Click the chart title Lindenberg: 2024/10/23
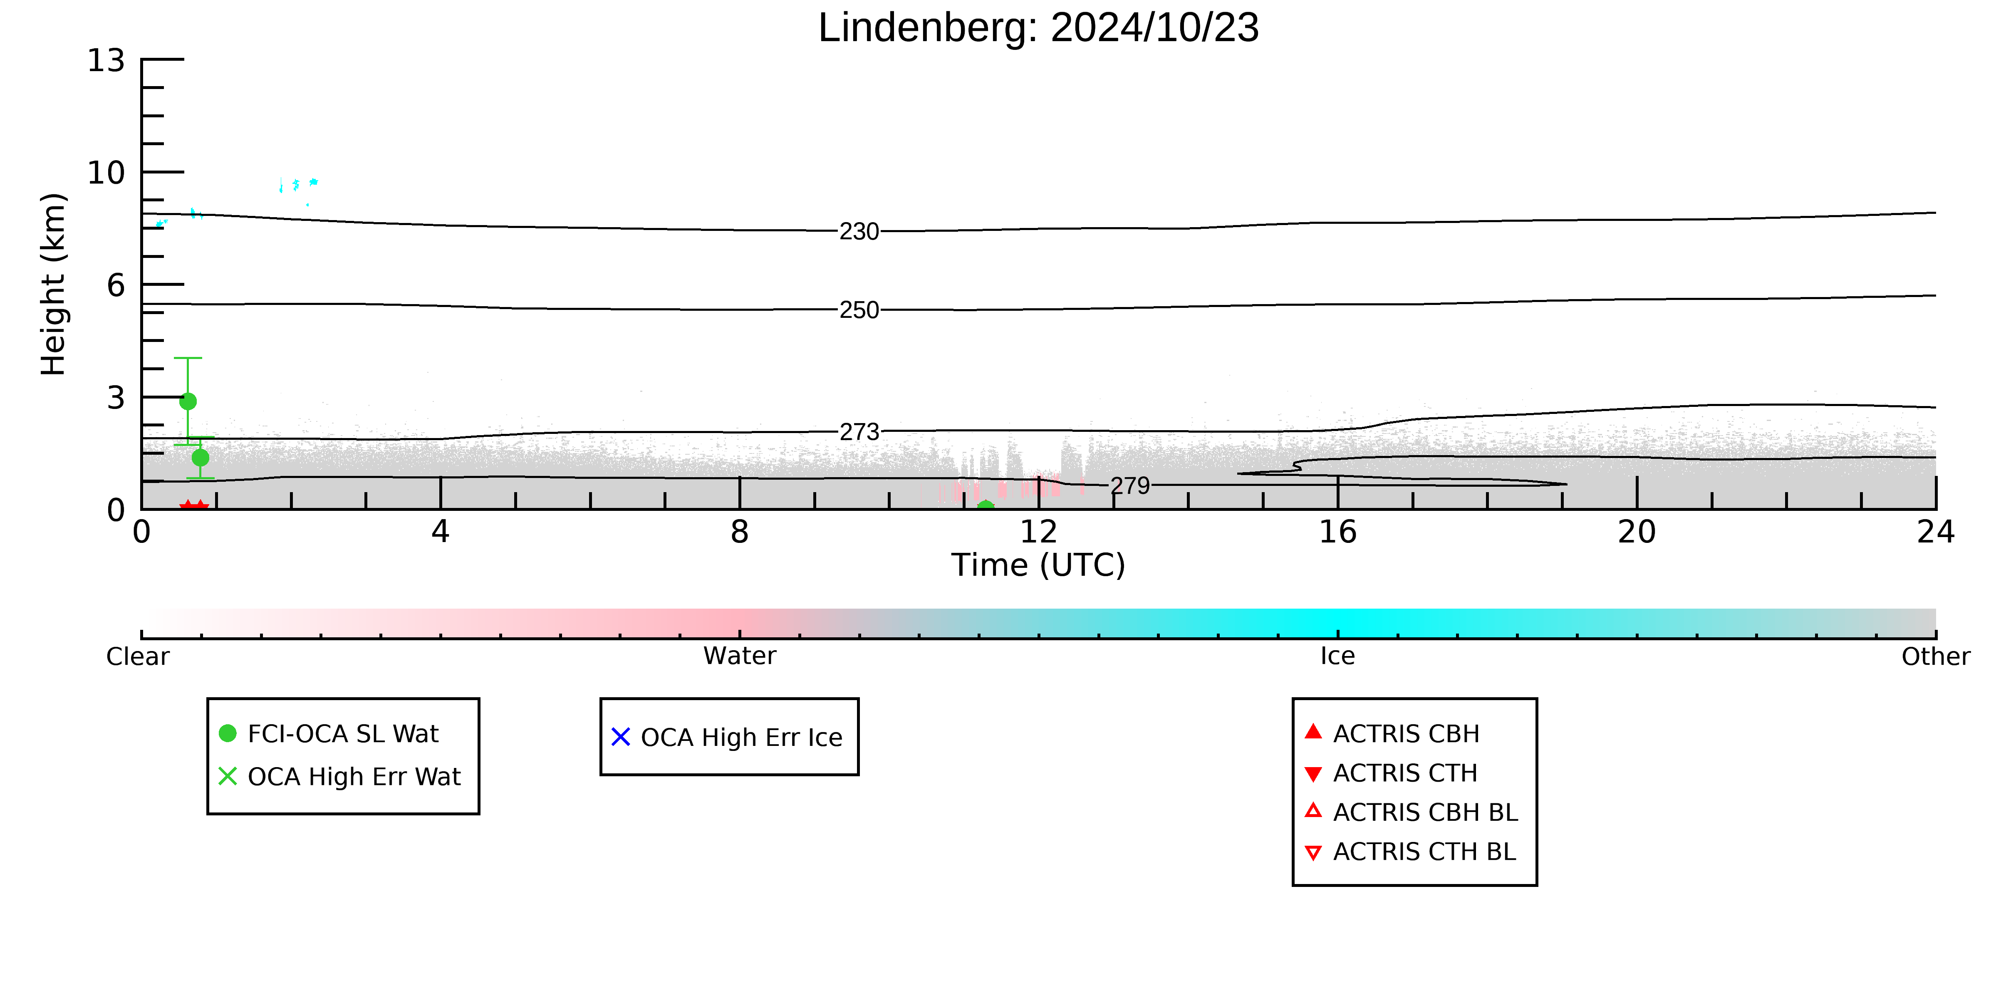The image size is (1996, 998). [x=1038, y=28]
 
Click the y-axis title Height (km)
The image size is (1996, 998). [x=54, y=285]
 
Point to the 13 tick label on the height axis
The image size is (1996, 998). [x=106, y=60]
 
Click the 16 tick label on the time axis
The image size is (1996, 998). [x=1338, y=532]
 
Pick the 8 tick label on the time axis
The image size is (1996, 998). [x=740, y=532]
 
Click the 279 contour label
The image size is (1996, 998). [x=1131, y=486]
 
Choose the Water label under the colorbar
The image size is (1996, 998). [x=740, y=656]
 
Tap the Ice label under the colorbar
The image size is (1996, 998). [x=1338, y=656]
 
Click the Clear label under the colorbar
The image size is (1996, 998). [x=138, y=656]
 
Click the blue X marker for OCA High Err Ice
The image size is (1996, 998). [x=621, y=737]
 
